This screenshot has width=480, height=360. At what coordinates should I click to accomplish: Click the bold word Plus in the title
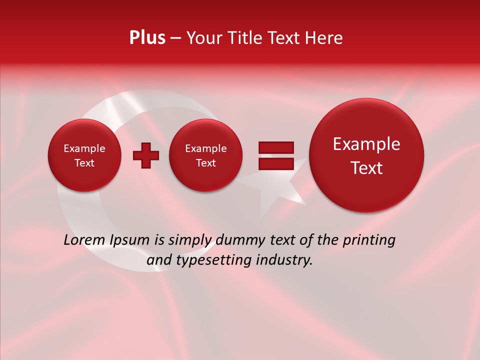pyautogui.click(x=147, y=38)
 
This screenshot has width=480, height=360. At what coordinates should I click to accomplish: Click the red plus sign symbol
pyautogui.click(x=146, y=155)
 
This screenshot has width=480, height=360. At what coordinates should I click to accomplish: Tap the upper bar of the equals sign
pyautogui.click(x=275, y=147)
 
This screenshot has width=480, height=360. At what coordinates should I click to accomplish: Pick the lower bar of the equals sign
pyautogui.click(x=275, y=163)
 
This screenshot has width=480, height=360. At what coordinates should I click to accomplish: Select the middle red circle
pyautogui.click(x=205, y=175)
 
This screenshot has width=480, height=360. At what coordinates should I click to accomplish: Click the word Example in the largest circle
pyautogui.click(x=366, y=144)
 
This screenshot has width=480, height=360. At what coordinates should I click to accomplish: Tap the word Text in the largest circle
pyautogui.click(x=366, y=168)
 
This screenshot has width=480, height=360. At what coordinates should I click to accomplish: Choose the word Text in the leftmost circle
pyautogui.click(x=84, y=163)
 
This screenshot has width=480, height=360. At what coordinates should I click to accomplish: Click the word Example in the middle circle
pyautogui.click(x=205, y=148)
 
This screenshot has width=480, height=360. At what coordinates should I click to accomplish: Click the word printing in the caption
pyautogui.click(x=368, y=240)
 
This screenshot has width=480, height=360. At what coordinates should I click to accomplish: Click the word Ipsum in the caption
pyautogui.click(x=129, y=240)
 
